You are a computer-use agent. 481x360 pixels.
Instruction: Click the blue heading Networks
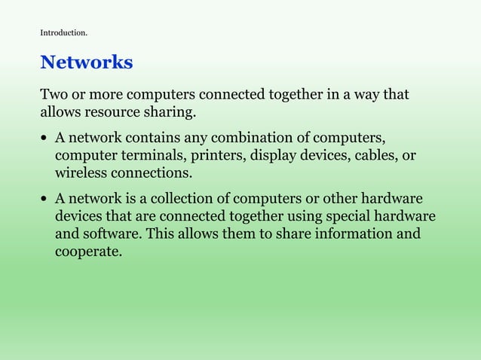[86, 63]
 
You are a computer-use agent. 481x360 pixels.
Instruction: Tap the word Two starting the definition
[54, 96]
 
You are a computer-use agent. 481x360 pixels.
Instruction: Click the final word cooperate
[87, 252]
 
